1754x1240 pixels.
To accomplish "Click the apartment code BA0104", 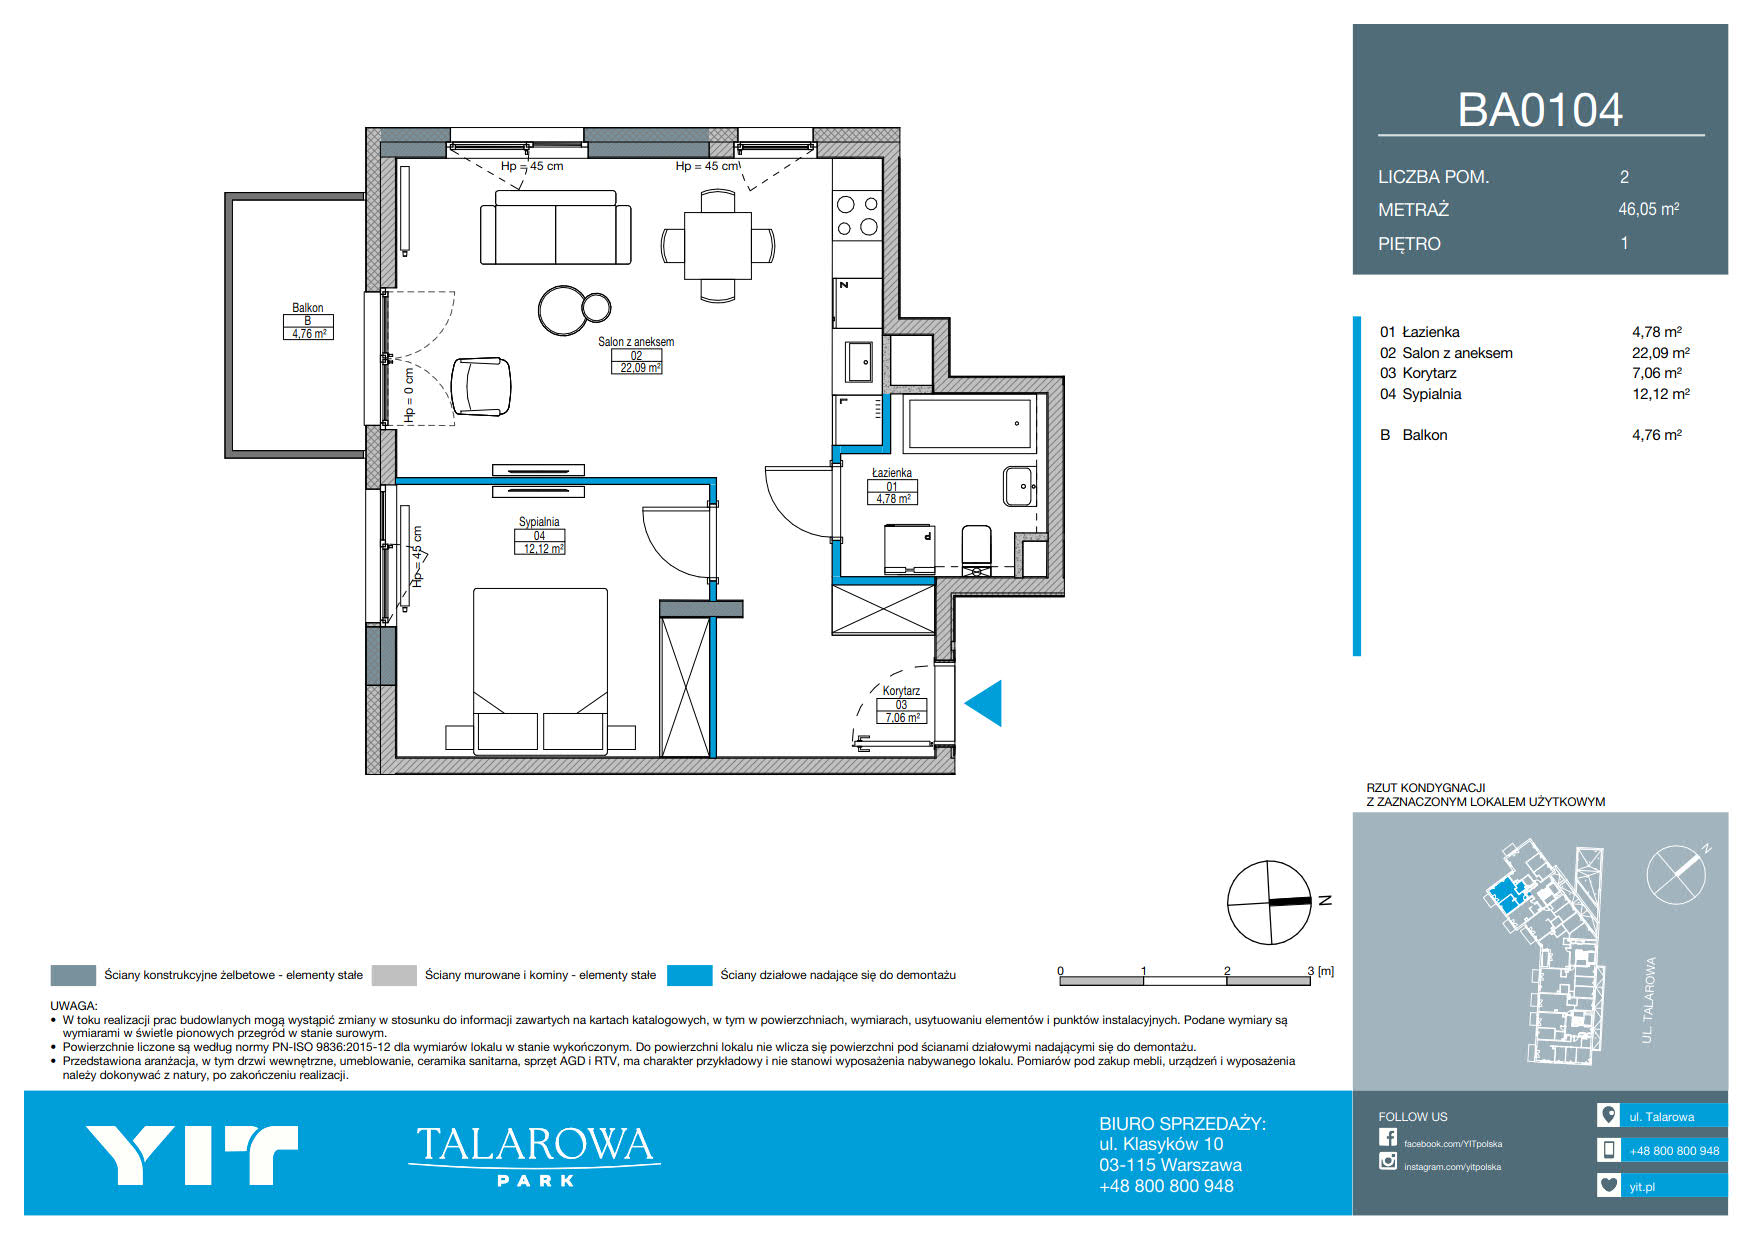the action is tap(1540, 110).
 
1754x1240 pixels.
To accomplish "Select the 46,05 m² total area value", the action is tap(1649, 209).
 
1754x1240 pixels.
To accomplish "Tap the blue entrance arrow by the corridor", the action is tap(983, 703).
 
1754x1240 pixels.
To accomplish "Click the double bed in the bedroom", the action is tap(540, 669).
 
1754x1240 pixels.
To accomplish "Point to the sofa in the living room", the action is tap(555, 228).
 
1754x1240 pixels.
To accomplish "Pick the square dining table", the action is tap(718, 245).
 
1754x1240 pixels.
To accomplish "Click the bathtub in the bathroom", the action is tap(970, 424).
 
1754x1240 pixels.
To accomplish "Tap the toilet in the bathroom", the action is tap(976, 549).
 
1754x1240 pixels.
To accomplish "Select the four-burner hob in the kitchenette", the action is tap(857, 216).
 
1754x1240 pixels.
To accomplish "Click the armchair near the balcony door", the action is tap(481, 386).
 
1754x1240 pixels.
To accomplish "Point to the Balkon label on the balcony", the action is tap(308, 308).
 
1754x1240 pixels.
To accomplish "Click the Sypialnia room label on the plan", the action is tap(539, 522).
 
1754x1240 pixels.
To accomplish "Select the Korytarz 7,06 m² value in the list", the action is tap(1657, 373).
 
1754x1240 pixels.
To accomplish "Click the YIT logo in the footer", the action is tap(192, 1155).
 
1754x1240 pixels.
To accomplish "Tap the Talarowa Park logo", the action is tap(534, 1155).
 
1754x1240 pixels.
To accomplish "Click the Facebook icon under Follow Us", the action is tap(1388, 1137).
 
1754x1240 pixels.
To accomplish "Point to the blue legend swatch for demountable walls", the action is tap(690, 975).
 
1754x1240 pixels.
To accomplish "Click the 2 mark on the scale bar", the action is tap(1227, 971).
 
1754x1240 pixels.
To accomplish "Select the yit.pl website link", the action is tap(1642, 1187).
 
